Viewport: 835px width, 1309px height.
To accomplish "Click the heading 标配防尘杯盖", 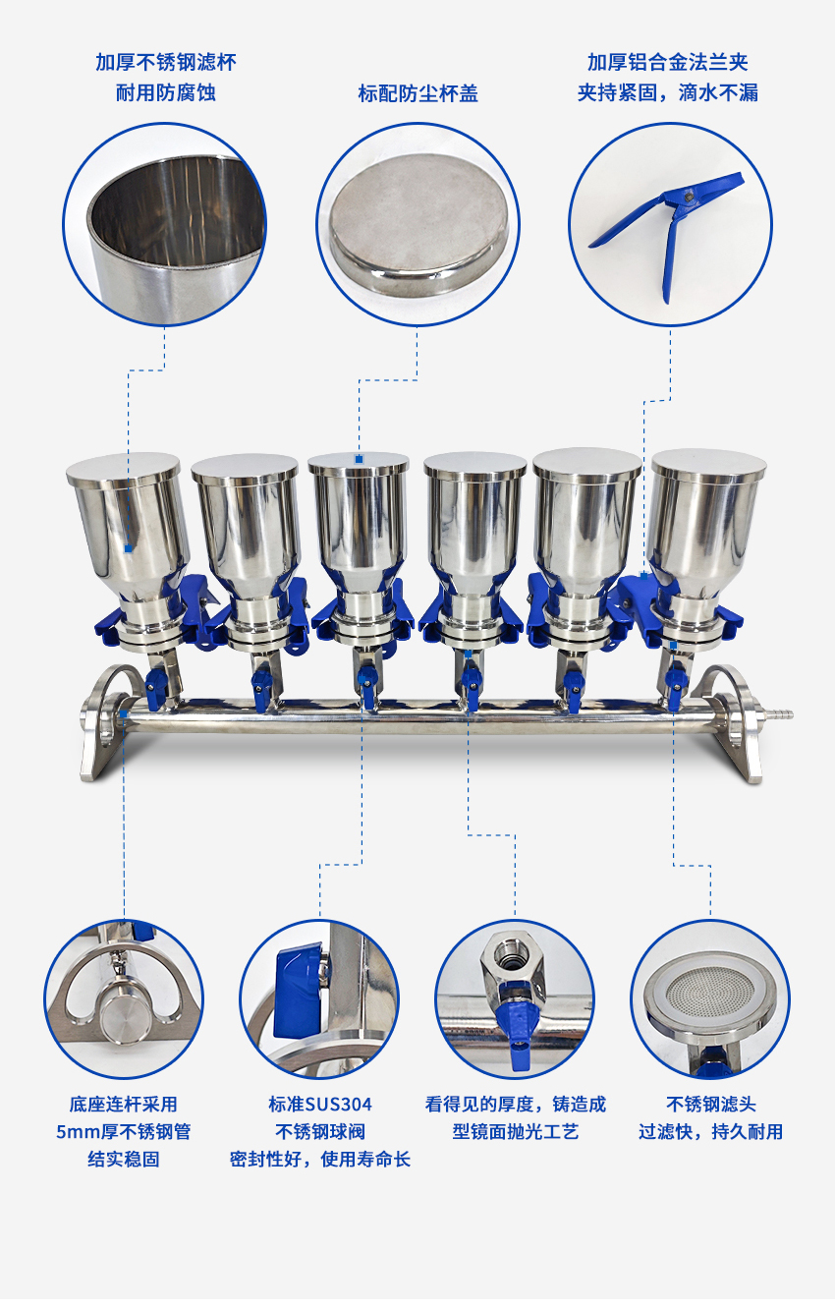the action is pos(417,93).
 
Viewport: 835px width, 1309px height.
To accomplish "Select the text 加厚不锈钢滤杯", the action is pos(166,63).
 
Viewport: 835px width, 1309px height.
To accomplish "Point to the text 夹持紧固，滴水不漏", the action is pos(668,93).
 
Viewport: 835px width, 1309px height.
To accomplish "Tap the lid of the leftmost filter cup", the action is pos(123,469).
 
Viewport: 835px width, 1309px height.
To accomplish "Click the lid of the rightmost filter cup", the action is pos(709,464).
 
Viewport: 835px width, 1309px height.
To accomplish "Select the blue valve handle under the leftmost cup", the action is pos(156,688).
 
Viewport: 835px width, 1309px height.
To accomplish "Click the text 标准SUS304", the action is pos(320,1105).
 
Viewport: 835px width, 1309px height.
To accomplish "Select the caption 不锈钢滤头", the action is pos(710,1105).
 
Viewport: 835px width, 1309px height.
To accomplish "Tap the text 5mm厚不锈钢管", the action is pos(124,1132).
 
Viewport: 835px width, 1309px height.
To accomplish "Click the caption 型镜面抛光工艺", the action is pos(516,1132).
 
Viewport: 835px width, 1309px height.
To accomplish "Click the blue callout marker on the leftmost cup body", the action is pos(129,548).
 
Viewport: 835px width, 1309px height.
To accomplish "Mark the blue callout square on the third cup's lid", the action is pos(359,459).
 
